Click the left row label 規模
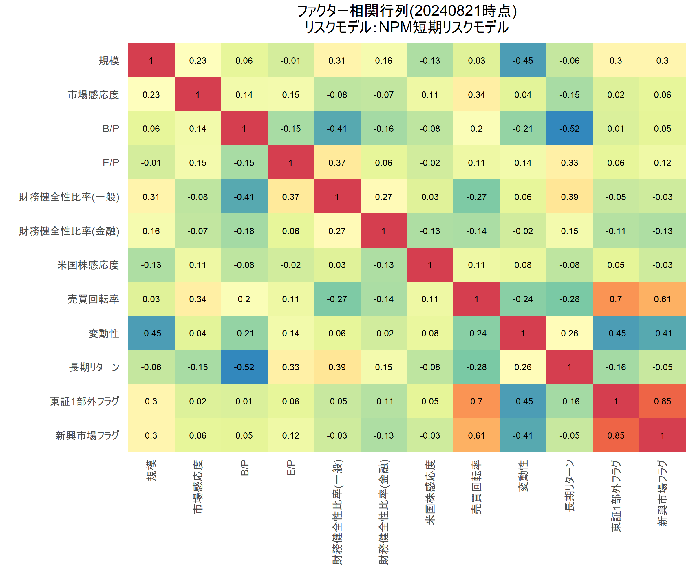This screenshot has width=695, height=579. pos(109,61)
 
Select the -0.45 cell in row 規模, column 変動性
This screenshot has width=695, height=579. pos(523,61)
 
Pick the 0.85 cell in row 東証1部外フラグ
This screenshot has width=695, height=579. pos(662,401)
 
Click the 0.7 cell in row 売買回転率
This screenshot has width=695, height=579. pos(616,299)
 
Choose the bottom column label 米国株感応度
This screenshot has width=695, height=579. pos(430,492)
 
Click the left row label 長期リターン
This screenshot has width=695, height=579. pos(94,367)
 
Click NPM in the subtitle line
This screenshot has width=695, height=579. pos(395,28)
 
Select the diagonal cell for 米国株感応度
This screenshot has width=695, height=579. pos(430,265)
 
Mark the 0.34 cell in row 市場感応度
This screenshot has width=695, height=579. pos(476,95)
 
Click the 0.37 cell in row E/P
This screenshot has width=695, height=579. pos(337,163)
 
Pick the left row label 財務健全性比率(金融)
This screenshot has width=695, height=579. pos(69,231)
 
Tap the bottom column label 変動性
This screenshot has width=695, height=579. pos(523,476)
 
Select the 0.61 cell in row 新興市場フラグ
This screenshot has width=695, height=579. pos(476,435)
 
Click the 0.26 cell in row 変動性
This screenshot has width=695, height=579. pos(569,333)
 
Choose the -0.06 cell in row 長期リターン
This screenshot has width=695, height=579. pos(151,367)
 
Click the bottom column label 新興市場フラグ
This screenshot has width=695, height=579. pos(662,493)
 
